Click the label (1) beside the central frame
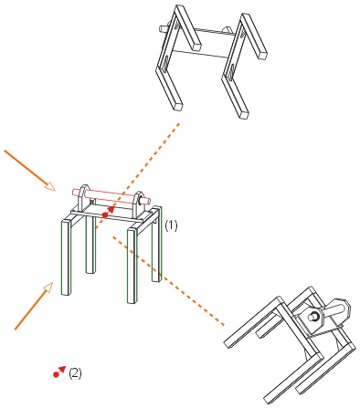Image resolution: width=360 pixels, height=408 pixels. [171, 225]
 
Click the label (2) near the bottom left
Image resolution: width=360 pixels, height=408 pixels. [75, 373]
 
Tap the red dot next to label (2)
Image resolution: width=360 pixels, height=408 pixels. [56, 374]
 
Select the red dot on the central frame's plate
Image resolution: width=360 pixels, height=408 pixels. [105, 215]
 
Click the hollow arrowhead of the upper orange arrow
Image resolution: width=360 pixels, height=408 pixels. [50, 185]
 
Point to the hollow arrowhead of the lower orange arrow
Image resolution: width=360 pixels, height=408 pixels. [48, 288]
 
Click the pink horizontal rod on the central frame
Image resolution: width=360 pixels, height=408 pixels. [111, 195]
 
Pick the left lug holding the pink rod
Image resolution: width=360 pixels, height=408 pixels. [84, 197]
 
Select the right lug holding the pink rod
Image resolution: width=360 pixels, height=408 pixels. [139, 204]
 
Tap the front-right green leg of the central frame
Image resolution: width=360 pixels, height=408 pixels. [132, 266]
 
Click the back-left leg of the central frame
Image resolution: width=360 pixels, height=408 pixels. [90, 245]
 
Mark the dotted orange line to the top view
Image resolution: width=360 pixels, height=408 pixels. [138, 175]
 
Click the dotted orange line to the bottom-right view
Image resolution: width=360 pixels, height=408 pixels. [168, 281]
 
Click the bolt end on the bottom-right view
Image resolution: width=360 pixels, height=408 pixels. [312, 317]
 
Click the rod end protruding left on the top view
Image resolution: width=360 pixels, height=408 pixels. [164, 28]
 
